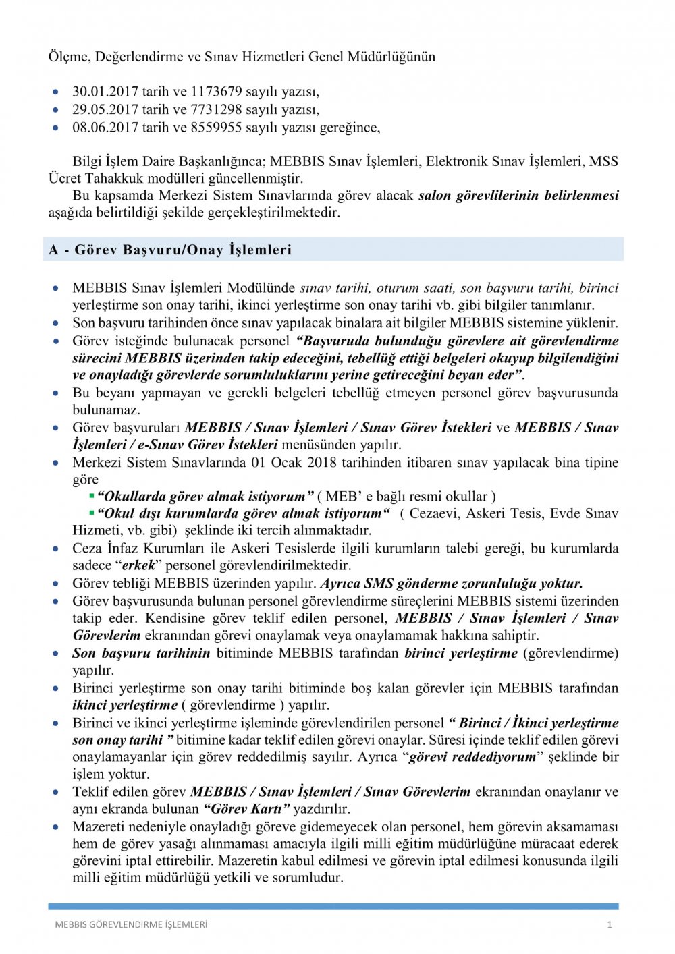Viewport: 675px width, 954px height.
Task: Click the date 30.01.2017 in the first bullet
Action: pyautogui.click(x=105, y=92)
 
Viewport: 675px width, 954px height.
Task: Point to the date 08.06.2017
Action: pyautogui.click(x=105, y=127)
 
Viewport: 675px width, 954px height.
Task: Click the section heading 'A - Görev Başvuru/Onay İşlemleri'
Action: pyautogui.click(x=170, y=250)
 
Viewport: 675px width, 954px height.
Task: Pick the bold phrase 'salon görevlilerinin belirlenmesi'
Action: pyautogui.click(x=518, y=196)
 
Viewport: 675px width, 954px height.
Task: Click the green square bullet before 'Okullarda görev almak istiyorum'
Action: pyautogui.click(x=92, y=496)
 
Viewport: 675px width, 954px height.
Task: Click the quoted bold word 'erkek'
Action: pyautogui.click(x=138, y=565)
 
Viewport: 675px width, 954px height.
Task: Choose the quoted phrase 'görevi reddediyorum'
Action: pyautogui.click(x=473, y=757)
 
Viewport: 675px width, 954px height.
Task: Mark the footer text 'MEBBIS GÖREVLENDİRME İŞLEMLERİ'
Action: pyautogui.click(x=131, y=924)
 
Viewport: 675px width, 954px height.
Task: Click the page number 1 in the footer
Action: pyautogui.click(x=610, y=924)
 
